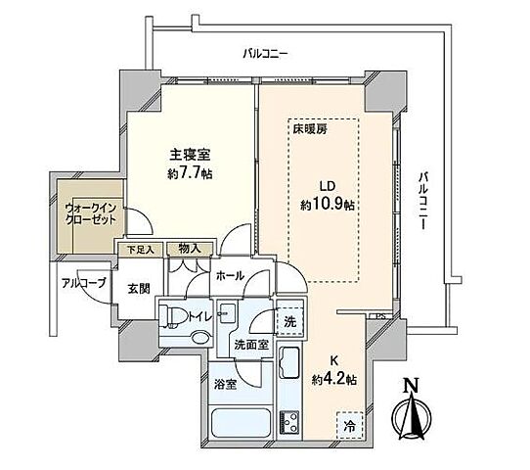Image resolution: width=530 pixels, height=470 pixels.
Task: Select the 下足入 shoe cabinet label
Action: (x=134, y=250)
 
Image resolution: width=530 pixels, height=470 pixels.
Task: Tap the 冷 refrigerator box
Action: (x=350, y=424)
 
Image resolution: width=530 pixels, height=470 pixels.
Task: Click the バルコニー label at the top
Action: (x=265, y=56)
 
